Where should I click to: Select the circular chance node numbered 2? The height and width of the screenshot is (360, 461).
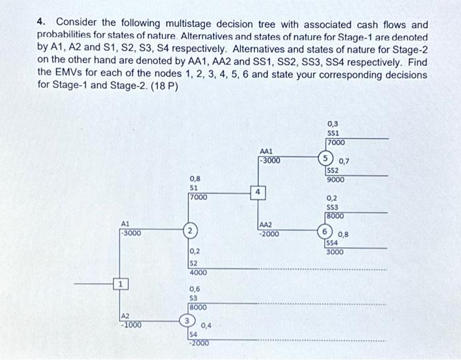click(190, 232)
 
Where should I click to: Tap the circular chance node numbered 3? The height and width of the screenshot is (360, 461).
click(188, 321)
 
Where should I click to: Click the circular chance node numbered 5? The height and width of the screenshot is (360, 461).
click(325, 158)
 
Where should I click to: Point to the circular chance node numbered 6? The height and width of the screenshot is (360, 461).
click(325, 232)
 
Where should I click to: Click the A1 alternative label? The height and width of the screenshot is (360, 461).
click(125, 223)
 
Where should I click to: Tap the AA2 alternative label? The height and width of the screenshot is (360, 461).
click(267, 224)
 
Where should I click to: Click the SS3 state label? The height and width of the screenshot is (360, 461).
click(332, 207)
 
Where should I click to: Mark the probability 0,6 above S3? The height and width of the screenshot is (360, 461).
click(195, 289)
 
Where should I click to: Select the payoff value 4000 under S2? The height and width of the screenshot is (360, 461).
click(198, 272)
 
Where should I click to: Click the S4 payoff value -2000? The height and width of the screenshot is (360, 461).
click(198, 343)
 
